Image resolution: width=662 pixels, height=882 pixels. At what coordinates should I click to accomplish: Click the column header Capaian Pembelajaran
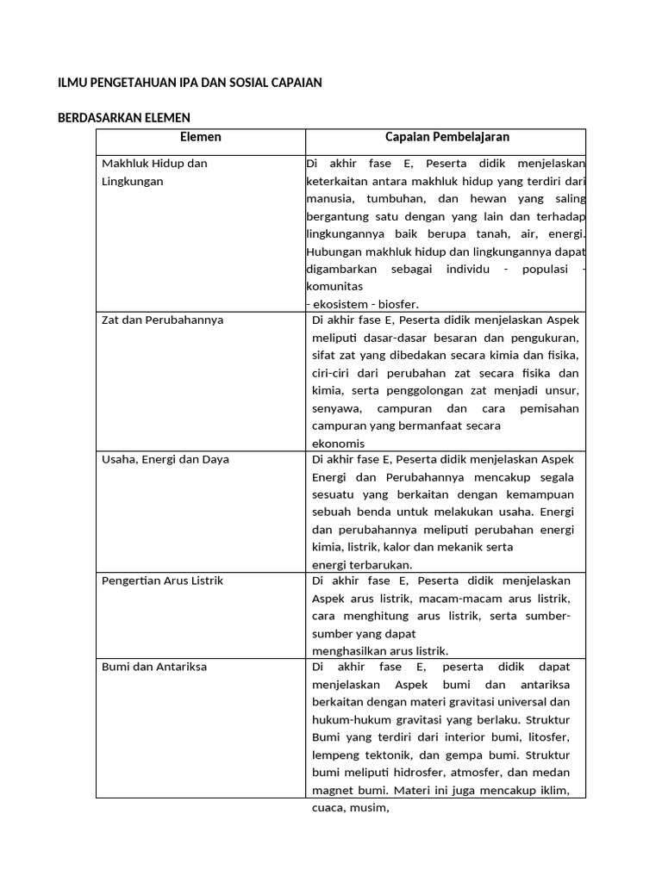pyautogui.click(x=447, y=137)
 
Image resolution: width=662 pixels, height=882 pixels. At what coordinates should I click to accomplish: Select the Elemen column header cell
pyautogui.click(x=200, y=137)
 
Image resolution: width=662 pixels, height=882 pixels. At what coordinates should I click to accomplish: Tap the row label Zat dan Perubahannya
pyautogui.click(x=162, y=320)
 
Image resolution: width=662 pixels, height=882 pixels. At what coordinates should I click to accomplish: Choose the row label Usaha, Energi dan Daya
pyautogui.click(x=165, y=459)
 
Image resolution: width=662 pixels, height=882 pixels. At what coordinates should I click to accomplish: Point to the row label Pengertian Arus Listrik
pyautogui.click(x=162, y=581)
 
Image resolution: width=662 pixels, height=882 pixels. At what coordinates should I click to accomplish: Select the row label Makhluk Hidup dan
pyautogui.click(x=154, y=164)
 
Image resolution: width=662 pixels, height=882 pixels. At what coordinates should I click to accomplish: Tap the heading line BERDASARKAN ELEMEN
pyautogui.click(x=123, y=118)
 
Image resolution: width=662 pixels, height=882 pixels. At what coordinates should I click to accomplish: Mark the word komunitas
pyautogui.click(x=334, y=286)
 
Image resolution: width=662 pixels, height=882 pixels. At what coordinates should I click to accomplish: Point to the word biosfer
pyautogui.click(x=398, y=303)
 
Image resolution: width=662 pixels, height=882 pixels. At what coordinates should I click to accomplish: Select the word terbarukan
pyautogui.click(x=380, y=565)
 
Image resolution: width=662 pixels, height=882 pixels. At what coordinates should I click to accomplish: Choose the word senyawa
pyautogui.click(x=336, y=408)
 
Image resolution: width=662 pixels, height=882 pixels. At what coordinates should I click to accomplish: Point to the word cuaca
pyautogui.click(x=328, y=808)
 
